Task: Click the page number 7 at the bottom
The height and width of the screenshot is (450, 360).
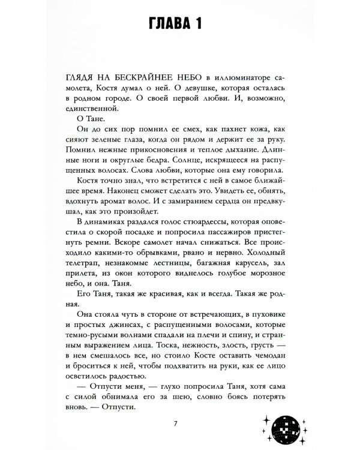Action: (x=175, y=424)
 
